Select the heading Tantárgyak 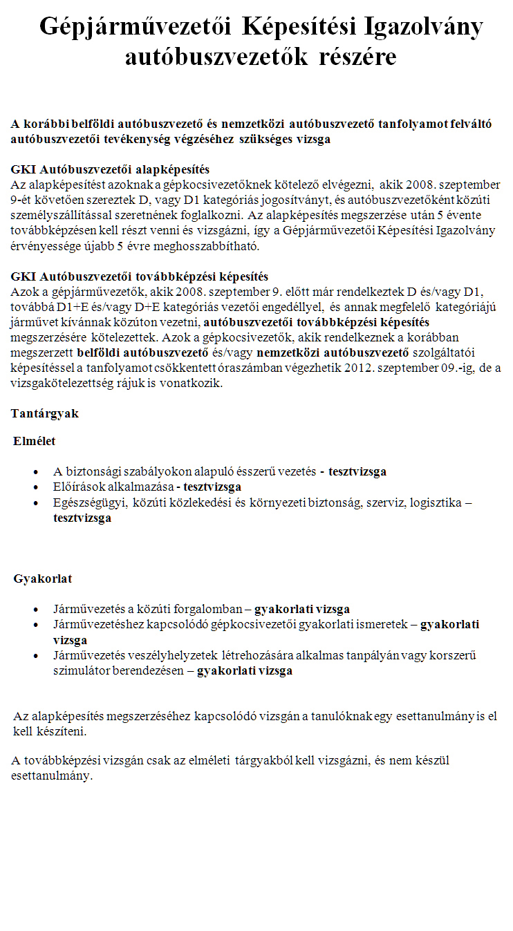pyautogui.click(x=45, y=413)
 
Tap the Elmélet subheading pyautogui.click(x=34, y=440)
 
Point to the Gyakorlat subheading pyautogui.click(x=43, y=578)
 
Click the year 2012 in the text pyautogui.click(x=384, y=368)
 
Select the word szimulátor pyautogui.click(x=81, y=670)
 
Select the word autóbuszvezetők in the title pyautogui.click(x=216, y=57)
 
